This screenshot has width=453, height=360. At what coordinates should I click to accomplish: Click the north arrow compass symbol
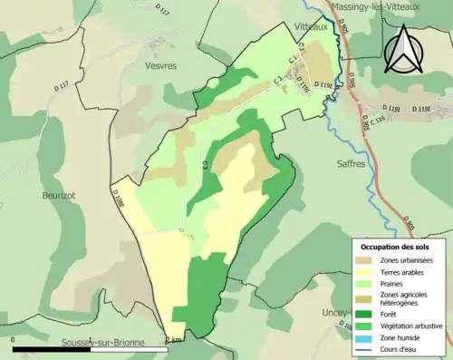(x=403, y=48)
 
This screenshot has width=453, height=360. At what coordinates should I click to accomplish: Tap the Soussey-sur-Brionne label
(x=87, y=343)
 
